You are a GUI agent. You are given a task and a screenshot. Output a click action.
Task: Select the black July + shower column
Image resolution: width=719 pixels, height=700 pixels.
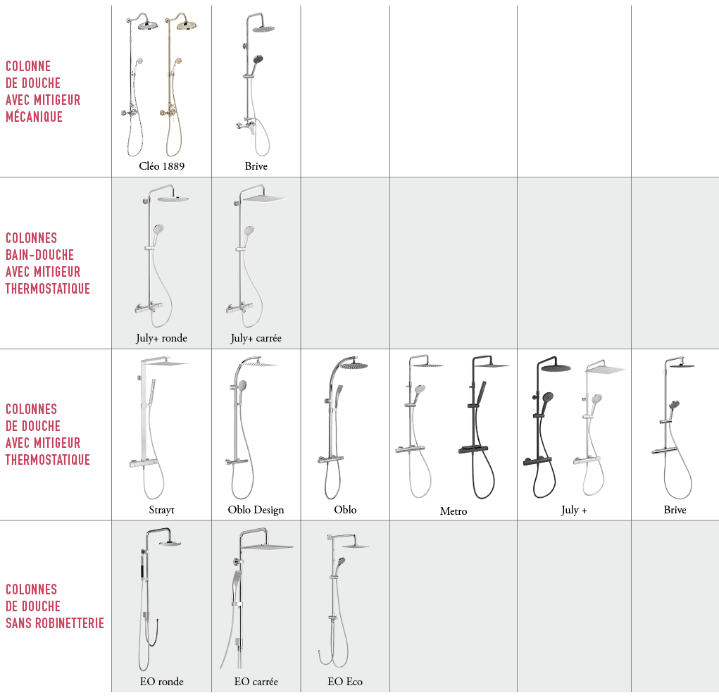[x=546, y=427]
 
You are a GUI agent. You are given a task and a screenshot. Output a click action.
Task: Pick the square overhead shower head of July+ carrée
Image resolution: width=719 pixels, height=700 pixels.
[x=263, y=198]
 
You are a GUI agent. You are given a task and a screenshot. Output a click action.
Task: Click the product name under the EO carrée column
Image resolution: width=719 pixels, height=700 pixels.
[x=256, y=682]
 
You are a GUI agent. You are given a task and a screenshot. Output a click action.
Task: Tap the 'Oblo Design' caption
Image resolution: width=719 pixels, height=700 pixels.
[x=256, y=511]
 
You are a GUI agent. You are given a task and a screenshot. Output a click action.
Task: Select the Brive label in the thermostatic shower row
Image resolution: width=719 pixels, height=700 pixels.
[x=675, y=510]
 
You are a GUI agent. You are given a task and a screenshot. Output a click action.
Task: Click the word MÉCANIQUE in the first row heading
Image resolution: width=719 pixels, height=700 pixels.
[x=34, y=117]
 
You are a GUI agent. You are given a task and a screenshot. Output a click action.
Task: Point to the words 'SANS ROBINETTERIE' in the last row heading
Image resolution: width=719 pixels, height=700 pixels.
[x=55, y=623]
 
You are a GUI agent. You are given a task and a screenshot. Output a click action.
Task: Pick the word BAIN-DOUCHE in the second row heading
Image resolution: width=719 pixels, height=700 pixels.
[x=39, y=255]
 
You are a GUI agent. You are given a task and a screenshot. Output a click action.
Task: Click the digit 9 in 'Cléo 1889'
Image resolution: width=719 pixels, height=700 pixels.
[x=182, y=166]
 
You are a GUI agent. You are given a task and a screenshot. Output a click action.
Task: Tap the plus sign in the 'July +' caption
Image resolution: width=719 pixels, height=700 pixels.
[x=584, y=511]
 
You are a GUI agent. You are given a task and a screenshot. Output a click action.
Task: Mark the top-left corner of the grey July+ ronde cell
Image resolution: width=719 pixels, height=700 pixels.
[x=112, y=177]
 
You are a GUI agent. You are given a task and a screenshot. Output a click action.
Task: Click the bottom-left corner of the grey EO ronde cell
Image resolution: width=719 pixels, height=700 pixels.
[x=112, y=692]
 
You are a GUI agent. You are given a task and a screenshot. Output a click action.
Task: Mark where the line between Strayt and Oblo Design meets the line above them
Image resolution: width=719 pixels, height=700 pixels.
[x=211, y=349]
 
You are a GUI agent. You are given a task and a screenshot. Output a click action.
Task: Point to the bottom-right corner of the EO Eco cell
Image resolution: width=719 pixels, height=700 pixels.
[x=389, y=692]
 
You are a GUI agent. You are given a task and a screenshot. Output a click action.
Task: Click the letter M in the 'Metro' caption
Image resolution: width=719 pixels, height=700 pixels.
[x=444, y=511]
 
